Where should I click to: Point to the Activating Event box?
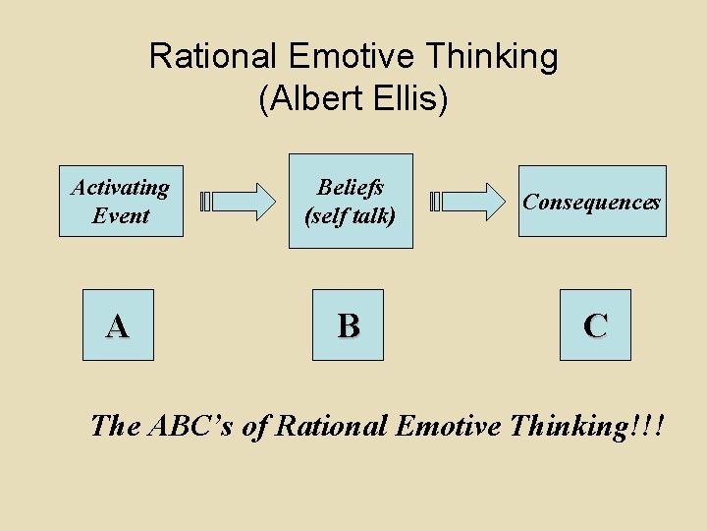click(x=121, y=202)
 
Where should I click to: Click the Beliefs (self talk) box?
click(x=351, y=202)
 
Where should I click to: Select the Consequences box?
click(x=591, y=202)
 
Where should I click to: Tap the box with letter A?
click(x=118, y=325)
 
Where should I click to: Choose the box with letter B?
click(x=349, y=325)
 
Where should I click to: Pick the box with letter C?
click(x=595, y=325)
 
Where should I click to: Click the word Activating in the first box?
click(x=121, y=187)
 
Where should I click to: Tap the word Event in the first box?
click(x=121, y=215)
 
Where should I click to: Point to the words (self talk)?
click(x=351, y=215)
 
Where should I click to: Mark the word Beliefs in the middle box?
click(x=351, y=187)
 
